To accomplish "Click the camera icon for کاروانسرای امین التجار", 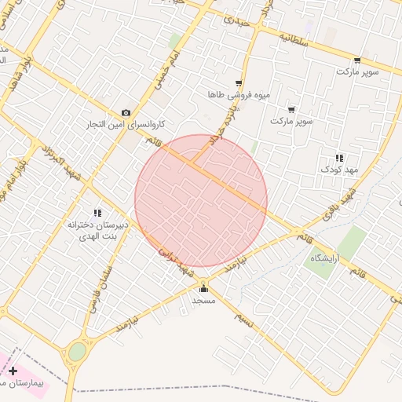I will click(x=126, y=113).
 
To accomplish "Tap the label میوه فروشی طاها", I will click(x=239, y=94).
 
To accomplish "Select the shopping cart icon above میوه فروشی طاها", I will click(x=239, y=83).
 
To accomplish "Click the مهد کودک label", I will click(x=339, y=169).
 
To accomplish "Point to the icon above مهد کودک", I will click(x=339, y=158).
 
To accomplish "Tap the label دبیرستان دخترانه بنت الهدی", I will click(x=97, y=228).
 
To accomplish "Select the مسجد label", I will click(x=204, y=300).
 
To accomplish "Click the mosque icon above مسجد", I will click(x=204, y=288).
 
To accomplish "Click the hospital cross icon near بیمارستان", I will click(x=13, y=371).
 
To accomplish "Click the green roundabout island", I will click(x=77, y=352).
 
